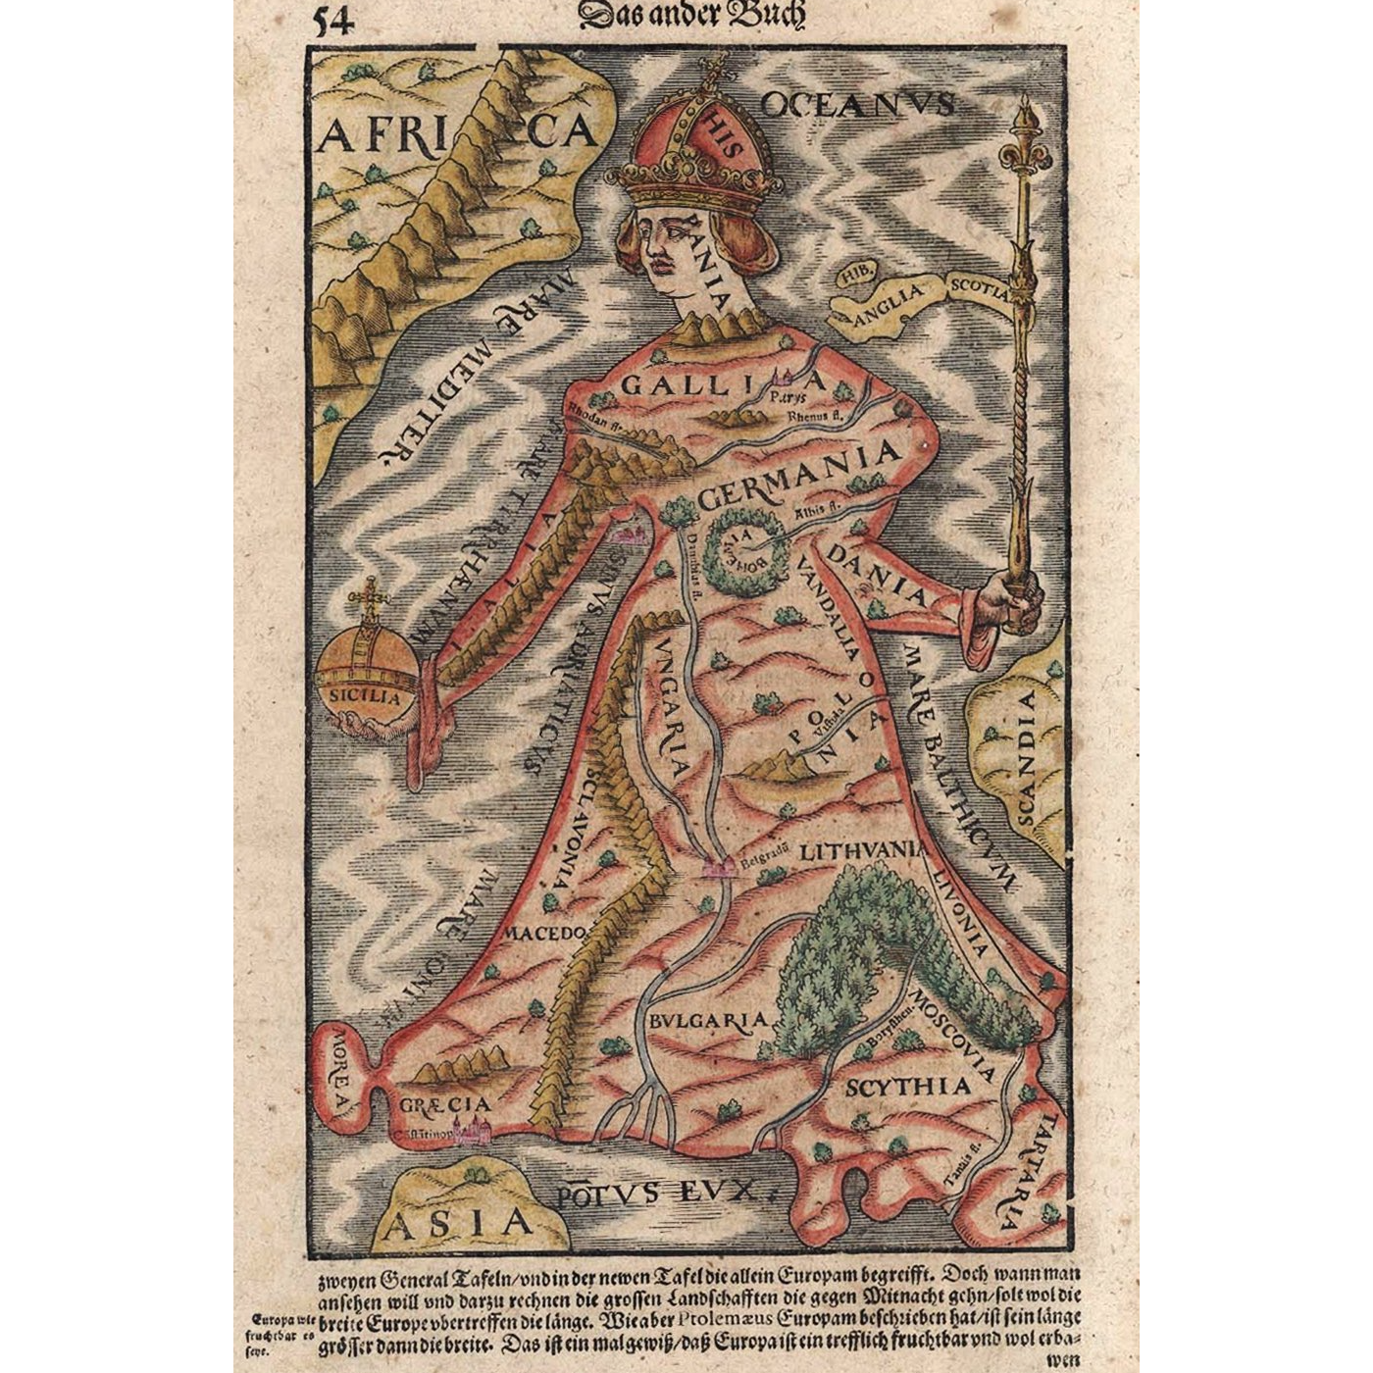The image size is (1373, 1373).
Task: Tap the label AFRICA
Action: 457,136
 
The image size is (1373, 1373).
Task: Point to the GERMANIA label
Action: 799,474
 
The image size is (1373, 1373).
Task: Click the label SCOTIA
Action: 976,290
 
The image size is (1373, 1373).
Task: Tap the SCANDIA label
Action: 1024,755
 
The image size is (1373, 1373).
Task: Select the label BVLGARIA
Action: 707,1020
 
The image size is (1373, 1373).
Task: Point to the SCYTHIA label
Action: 907,1087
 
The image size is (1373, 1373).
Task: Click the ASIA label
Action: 459,1222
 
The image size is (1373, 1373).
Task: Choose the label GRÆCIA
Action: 444,1105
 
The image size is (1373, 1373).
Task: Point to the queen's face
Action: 667,251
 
